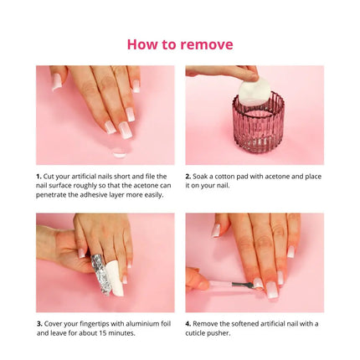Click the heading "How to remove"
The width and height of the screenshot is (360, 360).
click(180, 44)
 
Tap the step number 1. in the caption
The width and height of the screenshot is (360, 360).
click(39, 177)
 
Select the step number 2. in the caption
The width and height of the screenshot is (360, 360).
click(188, 177)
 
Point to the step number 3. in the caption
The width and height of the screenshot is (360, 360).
click(39, 323)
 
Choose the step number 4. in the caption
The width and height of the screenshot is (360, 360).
click(188, 323)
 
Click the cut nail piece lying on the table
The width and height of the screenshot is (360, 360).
click(119, 153)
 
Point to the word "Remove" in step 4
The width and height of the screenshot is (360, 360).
click(209, 323)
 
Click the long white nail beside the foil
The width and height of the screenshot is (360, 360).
click(116, 285)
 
